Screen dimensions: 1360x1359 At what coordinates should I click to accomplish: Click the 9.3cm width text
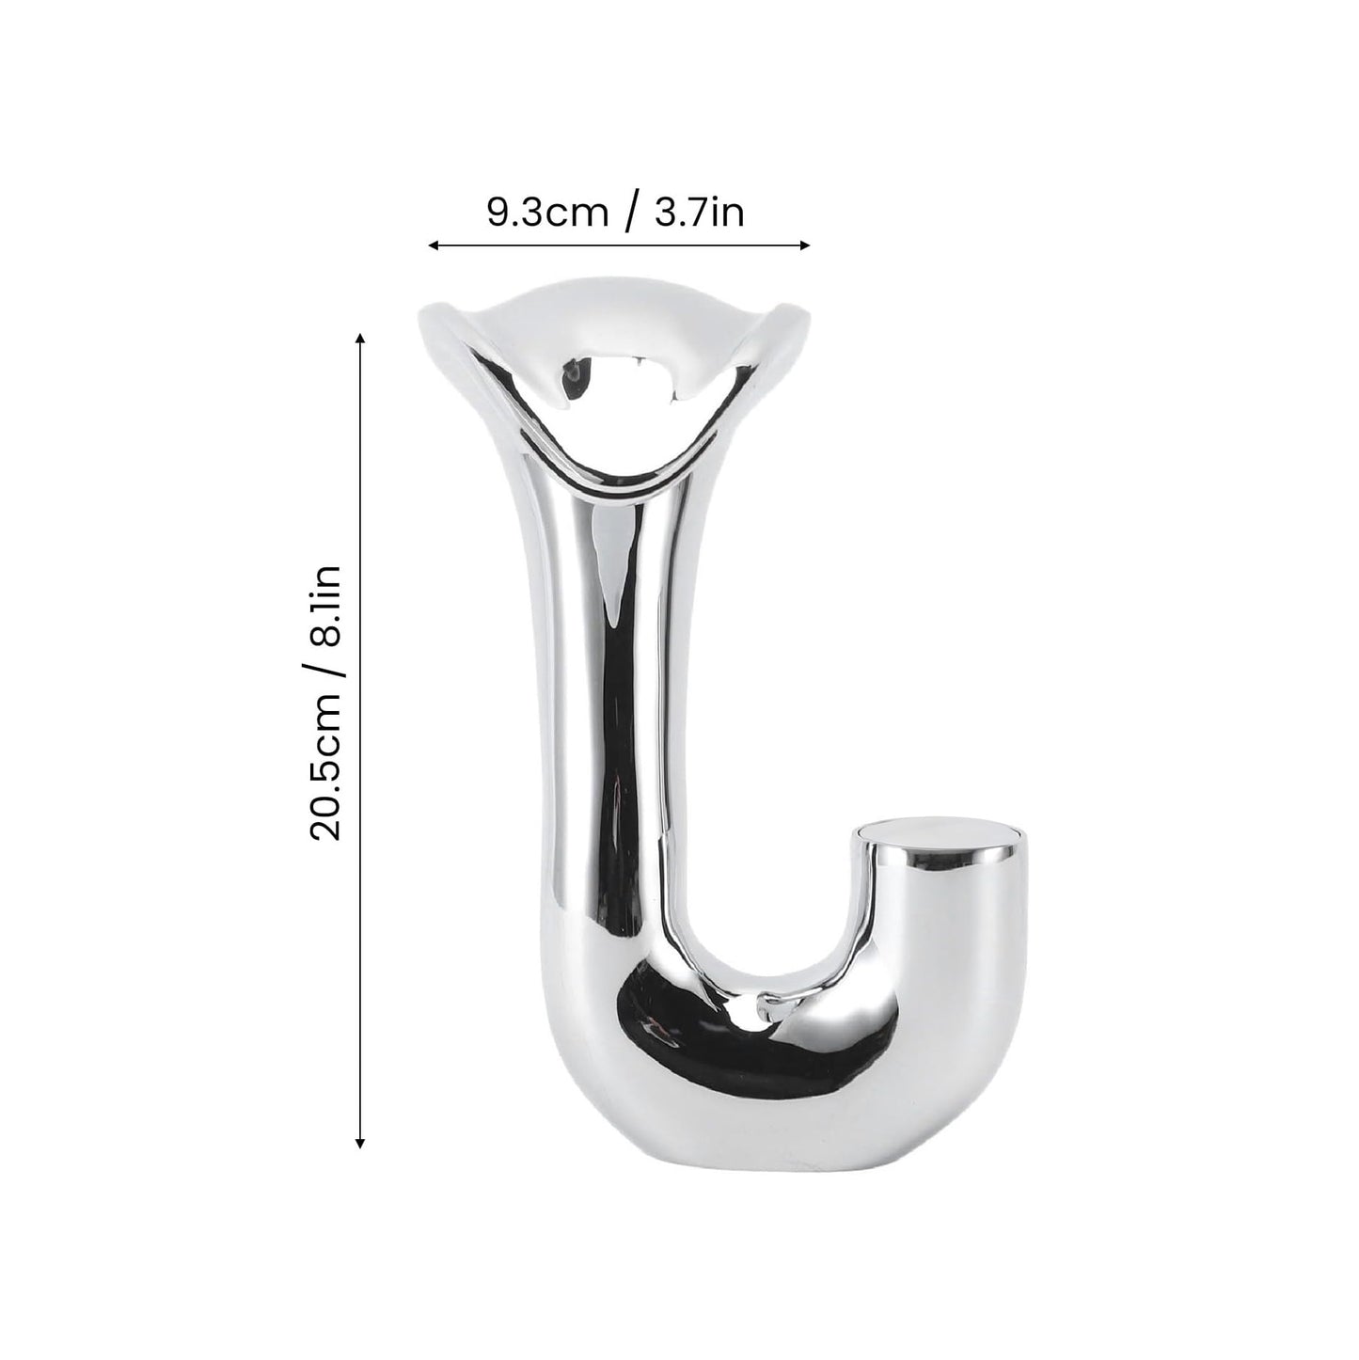coord(546,213)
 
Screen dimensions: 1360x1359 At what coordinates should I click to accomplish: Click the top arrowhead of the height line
coord(358,336)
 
